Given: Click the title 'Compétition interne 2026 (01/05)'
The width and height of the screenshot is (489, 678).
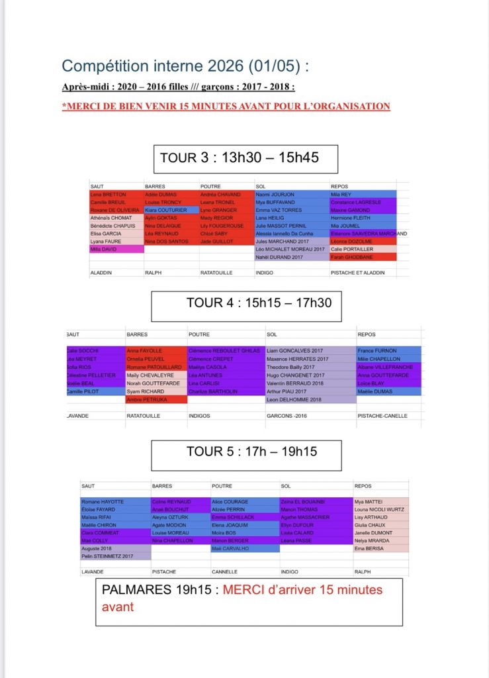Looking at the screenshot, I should coord(185,66).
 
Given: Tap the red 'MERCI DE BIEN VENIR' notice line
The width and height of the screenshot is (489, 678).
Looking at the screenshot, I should coord(226,106).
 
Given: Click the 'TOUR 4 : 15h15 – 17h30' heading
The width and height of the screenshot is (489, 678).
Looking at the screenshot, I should coord(259,303).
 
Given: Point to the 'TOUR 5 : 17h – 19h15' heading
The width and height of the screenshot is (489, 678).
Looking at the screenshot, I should coord(251,452).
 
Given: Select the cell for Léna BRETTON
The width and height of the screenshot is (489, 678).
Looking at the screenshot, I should coord(116,195).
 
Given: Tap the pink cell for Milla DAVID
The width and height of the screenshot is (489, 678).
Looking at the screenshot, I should coord(116,249).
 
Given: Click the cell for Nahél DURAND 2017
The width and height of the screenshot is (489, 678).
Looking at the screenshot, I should coord(291,256).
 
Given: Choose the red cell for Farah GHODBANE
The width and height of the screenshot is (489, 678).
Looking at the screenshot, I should coord(363,256).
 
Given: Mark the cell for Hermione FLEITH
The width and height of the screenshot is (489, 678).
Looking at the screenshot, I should coord(363,218).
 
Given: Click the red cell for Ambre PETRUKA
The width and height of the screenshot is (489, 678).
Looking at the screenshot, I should coord(156,400).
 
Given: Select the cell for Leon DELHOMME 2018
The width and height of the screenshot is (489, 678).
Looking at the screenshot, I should coord(309,400).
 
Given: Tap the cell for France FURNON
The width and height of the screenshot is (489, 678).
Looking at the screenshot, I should coord(388,351).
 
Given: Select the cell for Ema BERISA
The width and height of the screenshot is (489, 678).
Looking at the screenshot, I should coord(381,549).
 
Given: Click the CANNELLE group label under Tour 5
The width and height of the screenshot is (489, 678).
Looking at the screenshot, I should coord(225,571).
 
